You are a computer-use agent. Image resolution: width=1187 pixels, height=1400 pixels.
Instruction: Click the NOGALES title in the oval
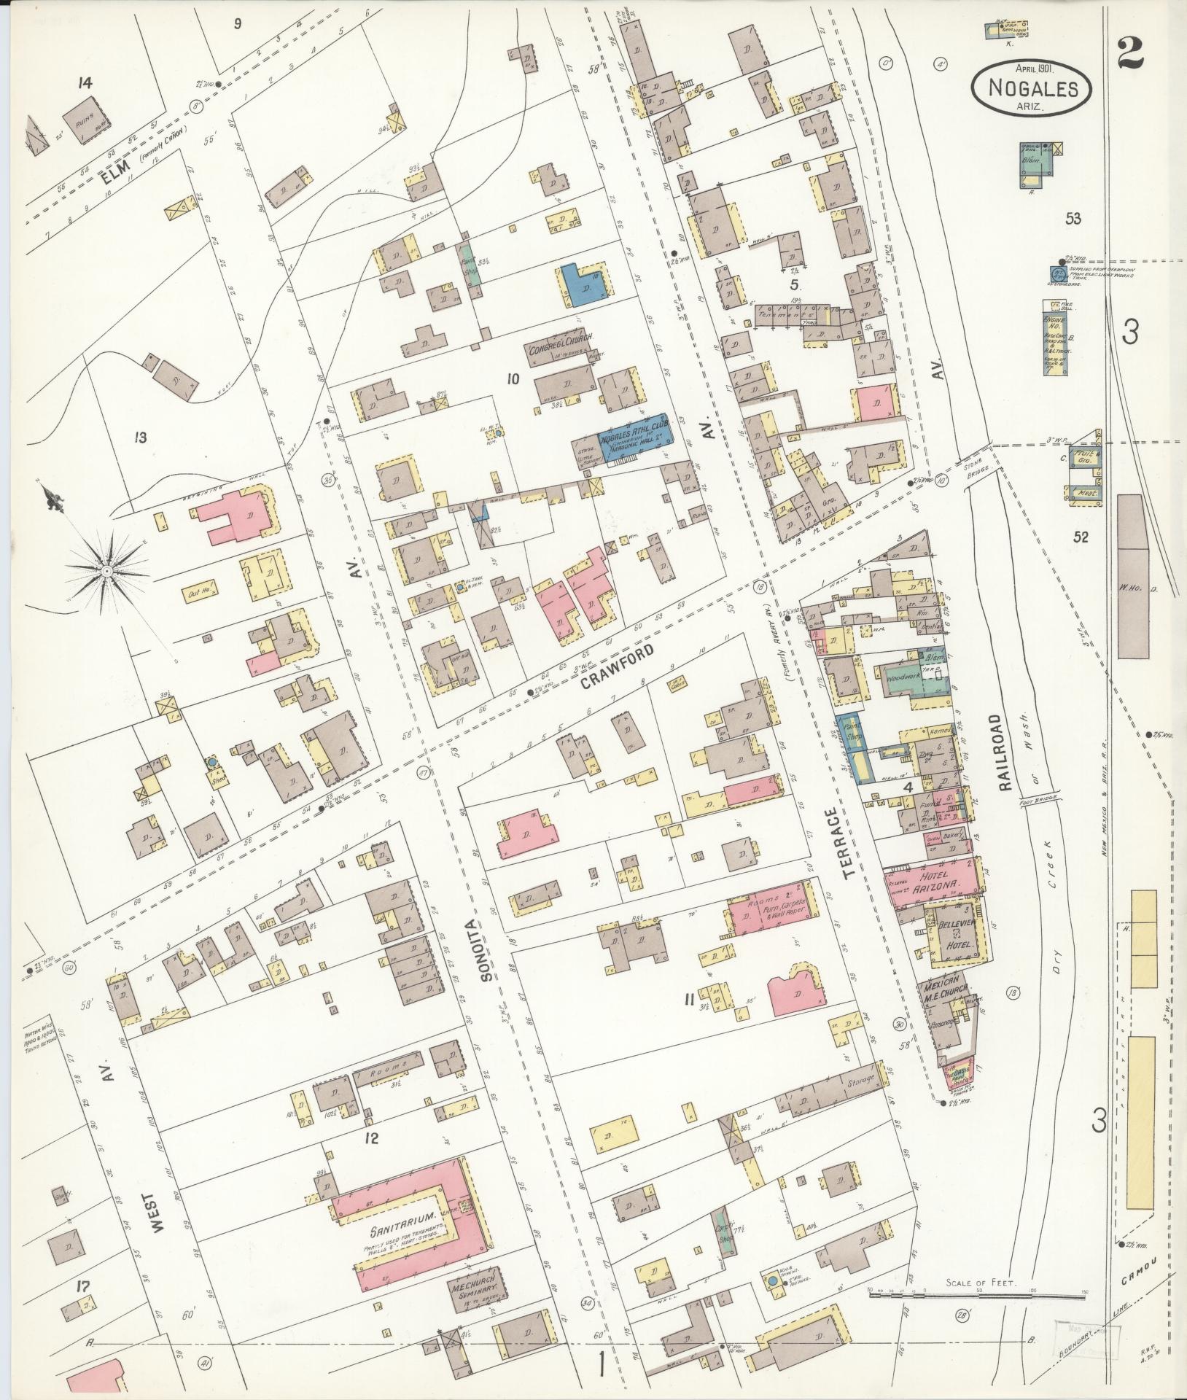point(1033,88)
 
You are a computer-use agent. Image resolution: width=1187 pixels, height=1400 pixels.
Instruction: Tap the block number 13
point(140,437)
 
